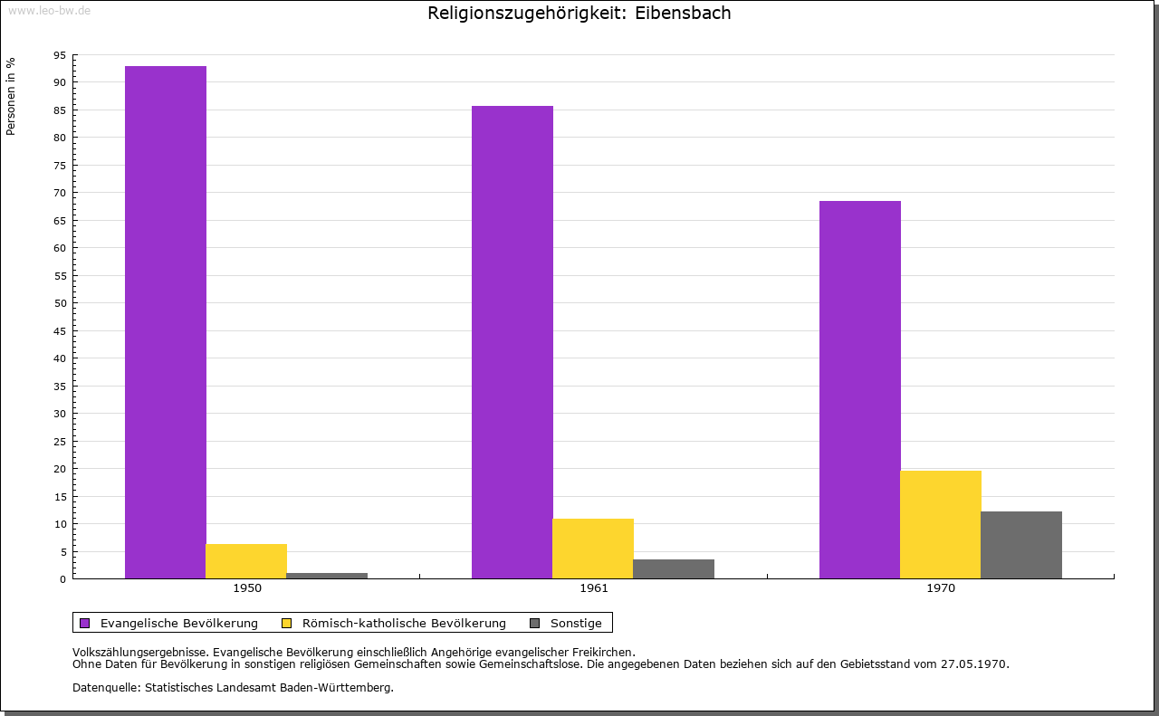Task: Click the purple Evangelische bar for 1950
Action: (166, 322)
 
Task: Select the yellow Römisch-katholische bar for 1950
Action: (246, 561)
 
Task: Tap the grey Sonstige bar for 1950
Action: (327, 576)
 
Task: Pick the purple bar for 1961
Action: (512, 342)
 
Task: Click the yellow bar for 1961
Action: (593, 549)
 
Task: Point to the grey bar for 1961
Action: (674, 568)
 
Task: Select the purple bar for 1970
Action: (860, 389)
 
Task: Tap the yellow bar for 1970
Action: (941, 524)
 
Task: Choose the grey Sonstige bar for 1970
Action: (1021, 545)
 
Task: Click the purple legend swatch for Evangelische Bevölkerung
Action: (85, 623)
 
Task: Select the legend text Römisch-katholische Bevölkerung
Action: (404, 623)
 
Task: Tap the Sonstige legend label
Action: (576, 623)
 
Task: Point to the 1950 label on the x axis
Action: (247, 588)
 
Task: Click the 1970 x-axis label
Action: (941, 588)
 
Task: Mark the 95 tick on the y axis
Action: (60, 55)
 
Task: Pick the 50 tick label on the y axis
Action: (60, 303)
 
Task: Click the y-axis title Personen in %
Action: (11, 96)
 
